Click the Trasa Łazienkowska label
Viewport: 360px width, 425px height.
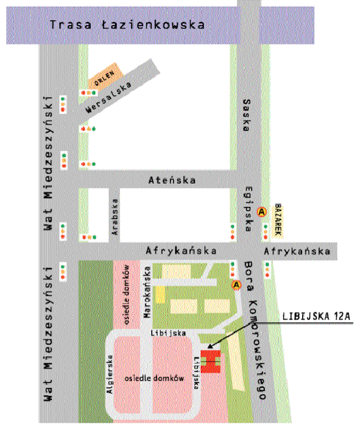127,25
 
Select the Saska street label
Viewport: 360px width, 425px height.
247,115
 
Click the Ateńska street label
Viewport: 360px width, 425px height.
172,180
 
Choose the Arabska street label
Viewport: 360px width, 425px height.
114,217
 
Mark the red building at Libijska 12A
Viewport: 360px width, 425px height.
211,361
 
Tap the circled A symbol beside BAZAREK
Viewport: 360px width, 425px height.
263,212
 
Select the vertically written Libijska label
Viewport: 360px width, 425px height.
196,372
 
